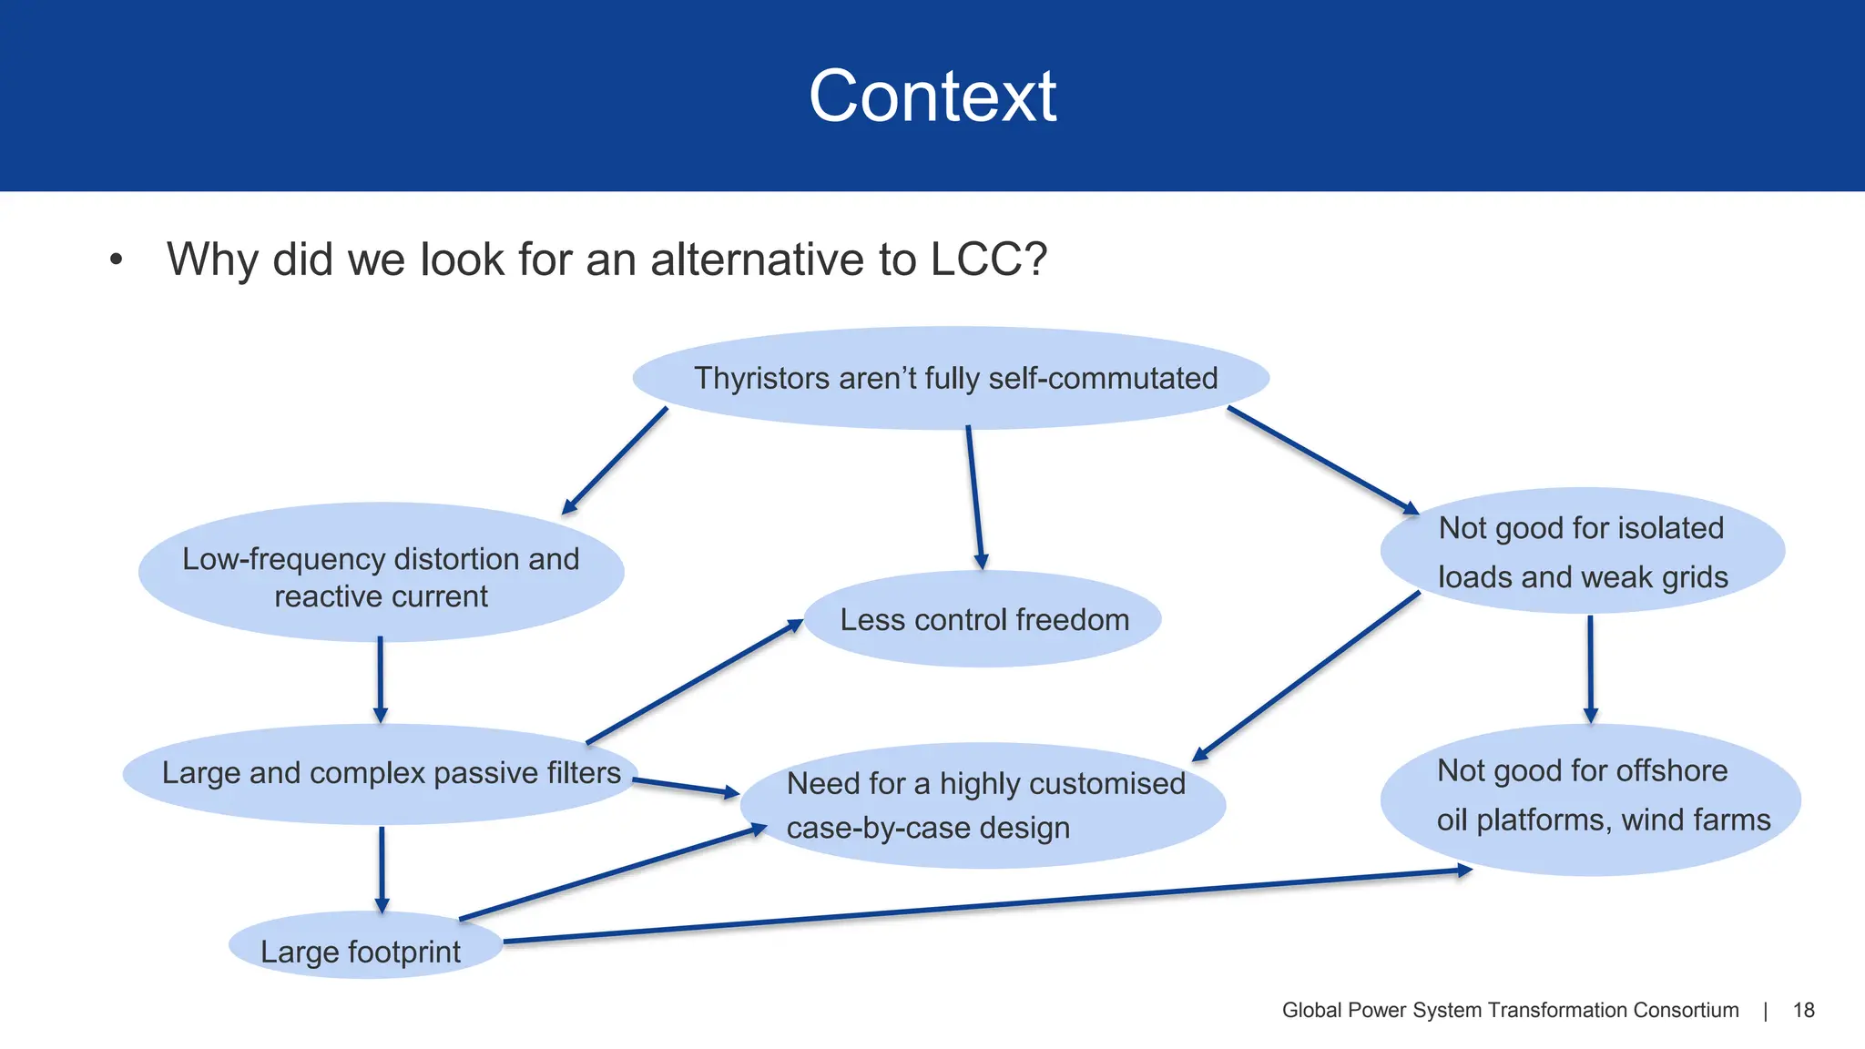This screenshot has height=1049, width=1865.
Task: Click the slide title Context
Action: click(x=932, y=97)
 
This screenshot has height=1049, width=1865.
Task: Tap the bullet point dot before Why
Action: click(x=116, y=260)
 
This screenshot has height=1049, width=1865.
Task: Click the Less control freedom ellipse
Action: click(x=983, y=620)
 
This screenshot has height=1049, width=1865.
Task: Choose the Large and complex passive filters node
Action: click(x=391, y=773)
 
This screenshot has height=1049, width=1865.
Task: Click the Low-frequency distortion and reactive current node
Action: click(x=381, y=577)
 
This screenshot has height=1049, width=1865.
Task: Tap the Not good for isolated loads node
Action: click(x=1583, y=552)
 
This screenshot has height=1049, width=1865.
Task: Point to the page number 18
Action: click(x=1803, y=1010)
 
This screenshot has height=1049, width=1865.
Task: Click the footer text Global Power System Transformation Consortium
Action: click(x=1510, y=1010)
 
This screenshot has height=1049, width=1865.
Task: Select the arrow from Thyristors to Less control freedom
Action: click(x=975, y=496)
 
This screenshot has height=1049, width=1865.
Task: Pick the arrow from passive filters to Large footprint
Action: click(x=382, y=868)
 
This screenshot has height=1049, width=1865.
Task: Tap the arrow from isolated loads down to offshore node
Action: click(x=1590, y=668)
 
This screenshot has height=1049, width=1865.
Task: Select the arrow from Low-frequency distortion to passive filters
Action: click(x=380, y=678)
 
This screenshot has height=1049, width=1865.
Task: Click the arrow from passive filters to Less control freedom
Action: click(x=694, y=682)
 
